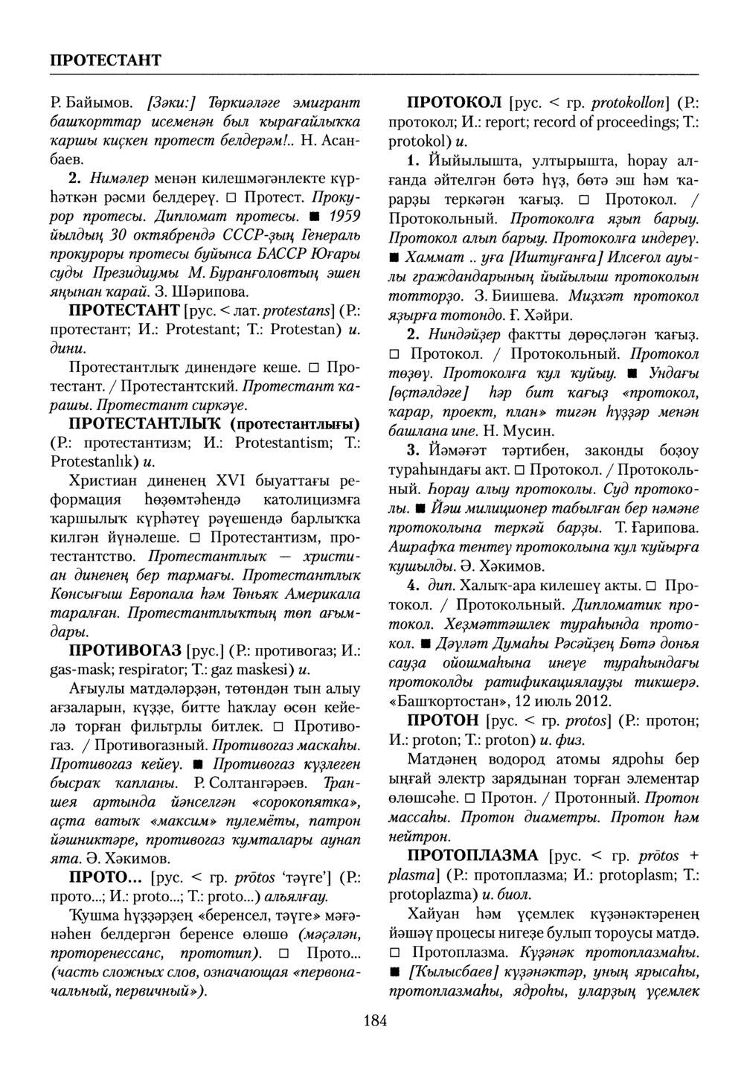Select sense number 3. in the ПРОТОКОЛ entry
(414, 450)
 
